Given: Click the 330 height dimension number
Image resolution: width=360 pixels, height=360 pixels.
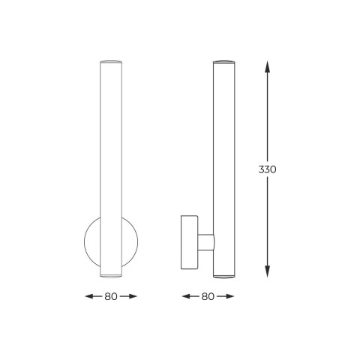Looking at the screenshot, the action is tap(267, 169).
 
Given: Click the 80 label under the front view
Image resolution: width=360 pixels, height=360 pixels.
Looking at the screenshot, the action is tap(111, 296).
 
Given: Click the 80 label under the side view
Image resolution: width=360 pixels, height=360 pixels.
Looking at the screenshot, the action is tap(208, 296).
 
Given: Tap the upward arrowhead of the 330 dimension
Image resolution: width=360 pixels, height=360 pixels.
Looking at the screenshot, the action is tap(268, 67).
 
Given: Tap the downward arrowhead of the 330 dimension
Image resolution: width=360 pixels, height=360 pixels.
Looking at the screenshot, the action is tap(268, 271).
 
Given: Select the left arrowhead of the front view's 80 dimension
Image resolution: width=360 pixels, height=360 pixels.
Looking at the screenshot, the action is tap(90, 296).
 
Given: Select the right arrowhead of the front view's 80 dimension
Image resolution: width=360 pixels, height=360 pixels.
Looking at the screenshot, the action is tap(132, 296).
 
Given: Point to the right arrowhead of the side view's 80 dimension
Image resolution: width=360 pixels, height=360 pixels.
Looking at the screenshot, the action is tap(229, 296).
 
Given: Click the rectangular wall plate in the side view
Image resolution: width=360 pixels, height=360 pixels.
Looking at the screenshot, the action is tap(189, 242).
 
